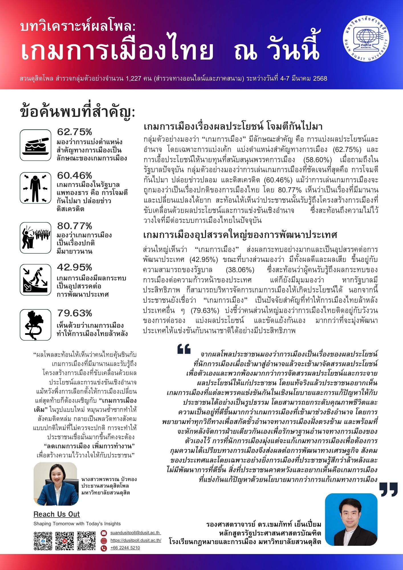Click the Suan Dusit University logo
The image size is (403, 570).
(x=366, y=38)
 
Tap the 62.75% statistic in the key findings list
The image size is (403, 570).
(x=74, y=132)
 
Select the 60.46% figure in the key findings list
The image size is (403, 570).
(x=74, y=175)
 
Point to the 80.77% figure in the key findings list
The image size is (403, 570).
(x=74, y=226)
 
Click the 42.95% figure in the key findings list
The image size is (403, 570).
(x=74, y=267)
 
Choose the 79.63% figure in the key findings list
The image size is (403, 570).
(x=74, y=313)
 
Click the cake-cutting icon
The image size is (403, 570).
(x=36, y=145)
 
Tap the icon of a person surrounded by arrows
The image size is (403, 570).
(x=36, y=188)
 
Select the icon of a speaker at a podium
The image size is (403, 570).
(x=36, y=238)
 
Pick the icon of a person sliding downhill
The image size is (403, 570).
(x=36, y=280)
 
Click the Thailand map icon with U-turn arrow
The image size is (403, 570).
(x=36, y=325)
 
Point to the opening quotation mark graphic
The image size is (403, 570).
(x=184, y=349)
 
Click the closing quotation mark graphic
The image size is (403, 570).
(x=388, y=489)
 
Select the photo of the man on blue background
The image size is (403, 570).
(x=351, y=520)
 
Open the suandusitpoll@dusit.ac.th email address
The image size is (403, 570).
(x=135, y=533)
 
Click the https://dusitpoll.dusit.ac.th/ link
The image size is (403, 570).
(x=136, y=540)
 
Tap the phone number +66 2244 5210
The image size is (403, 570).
(x=125, y=547)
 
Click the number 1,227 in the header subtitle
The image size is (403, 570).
(x=133, y=78)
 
